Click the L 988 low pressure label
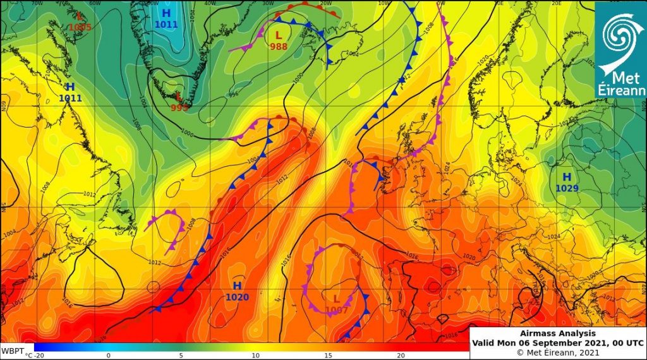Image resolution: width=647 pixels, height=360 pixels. point(279,40)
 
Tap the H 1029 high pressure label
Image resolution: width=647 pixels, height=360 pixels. point(567,183)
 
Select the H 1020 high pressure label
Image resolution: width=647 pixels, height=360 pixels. point(237,292)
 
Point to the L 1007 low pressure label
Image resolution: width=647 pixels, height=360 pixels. point(337,304)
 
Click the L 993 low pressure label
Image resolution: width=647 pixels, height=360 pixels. point(179,102)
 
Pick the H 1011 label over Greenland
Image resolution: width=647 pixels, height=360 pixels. point(166,18)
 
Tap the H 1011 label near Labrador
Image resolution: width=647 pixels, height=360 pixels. point(70,92)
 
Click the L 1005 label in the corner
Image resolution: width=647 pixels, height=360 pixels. point(80,21)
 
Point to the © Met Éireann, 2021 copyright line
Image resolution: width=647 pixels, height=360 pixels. point(558,351)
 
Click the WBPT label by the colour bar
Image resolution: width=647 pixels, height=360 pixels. point(12,350)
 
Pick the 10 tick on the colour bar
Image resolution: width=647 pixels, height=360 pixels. point(255,356)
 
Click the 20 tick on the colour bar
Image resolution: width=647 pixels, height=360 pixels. point(400,356)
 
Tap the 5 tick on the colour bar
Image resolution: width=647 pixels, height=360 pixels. point(181,356)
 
